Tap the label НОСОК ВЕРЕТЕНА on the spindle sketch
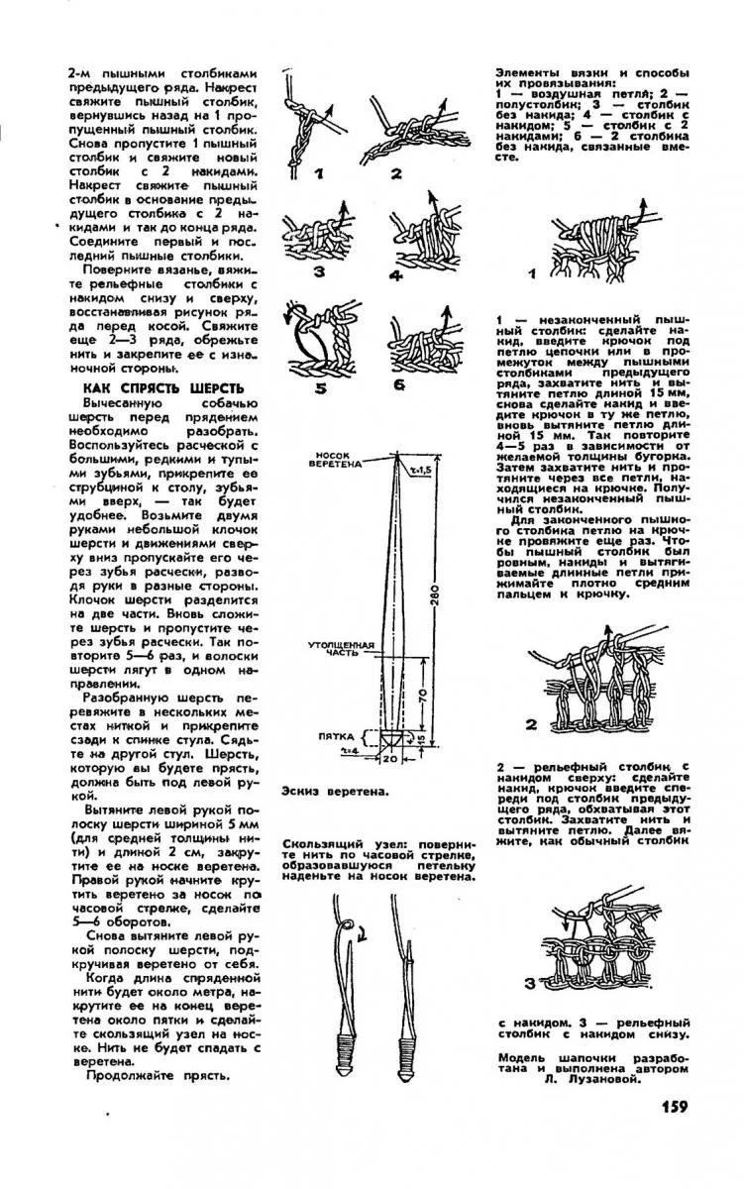tap(342, 459)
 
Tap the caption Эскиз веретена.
tap(334, 791)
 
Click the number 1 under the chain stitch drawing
tap(320, 174)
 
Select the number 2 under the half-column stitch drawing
tap(395, 174)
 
